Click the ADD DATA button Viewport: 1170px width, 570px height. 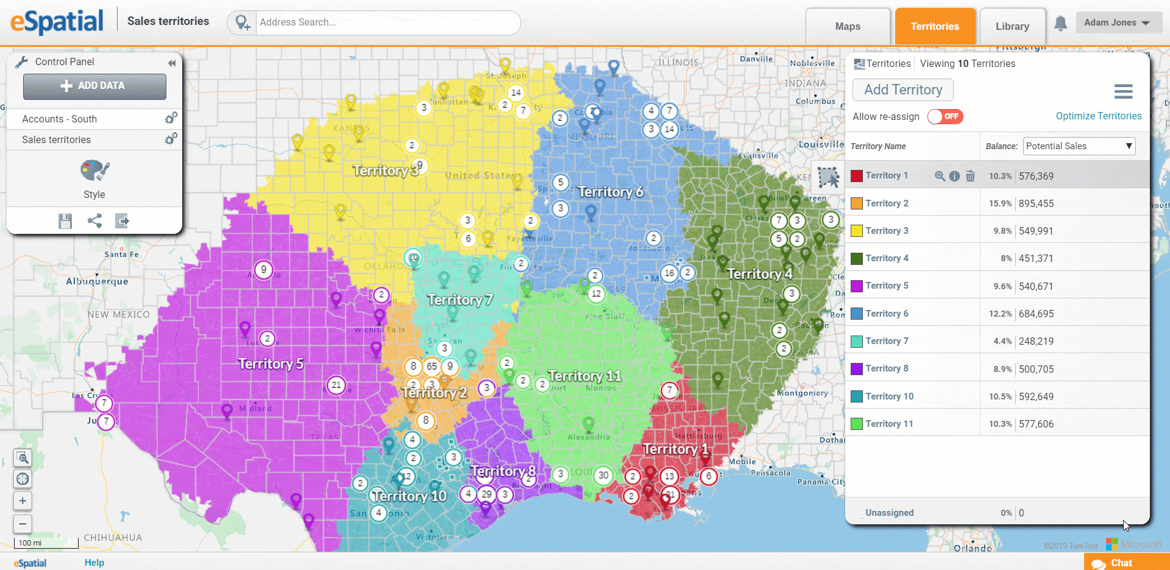click(x=94, y=86)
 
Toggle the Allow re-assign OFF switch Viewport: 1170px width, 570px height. click(x=945, y=116)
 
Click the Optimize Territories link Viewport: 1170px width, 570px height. click(x=1098, y=116)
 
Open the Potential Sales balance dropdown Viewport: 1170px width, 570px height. click(x=1079, y=146)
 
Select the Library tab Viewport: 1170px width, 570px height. click(x=1012, y=26)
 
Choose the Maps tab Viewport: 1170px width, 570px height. click(x=848, y=26)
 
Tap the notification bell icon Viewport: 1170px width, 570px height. click(x=1060, y=23)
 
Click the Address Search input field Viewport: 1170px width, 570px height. click(x=388, y=23)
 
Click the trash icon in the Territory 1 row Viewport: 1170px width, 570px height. click(x=970, y=176)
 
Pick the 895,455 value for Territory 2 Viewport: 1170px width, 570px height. click(x=1036, y=203)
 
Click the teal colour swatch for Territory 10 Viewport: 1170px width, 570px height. click(x=857, y=396)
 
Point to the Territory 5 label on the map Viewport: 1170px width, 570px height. click(x=271, y=364)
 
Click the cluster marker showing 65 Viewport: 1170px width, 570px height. click(x=432, y=366)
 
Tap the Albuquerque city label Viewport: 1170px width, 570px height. click(x=97, y=281)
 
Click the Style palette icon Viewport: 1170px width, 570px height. click(x=94, y=171)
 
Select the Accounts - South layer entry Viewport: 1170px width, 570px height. click(x=60, y=119)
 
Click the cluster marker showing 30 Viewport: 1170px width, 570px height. click(x=603, y=475)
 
